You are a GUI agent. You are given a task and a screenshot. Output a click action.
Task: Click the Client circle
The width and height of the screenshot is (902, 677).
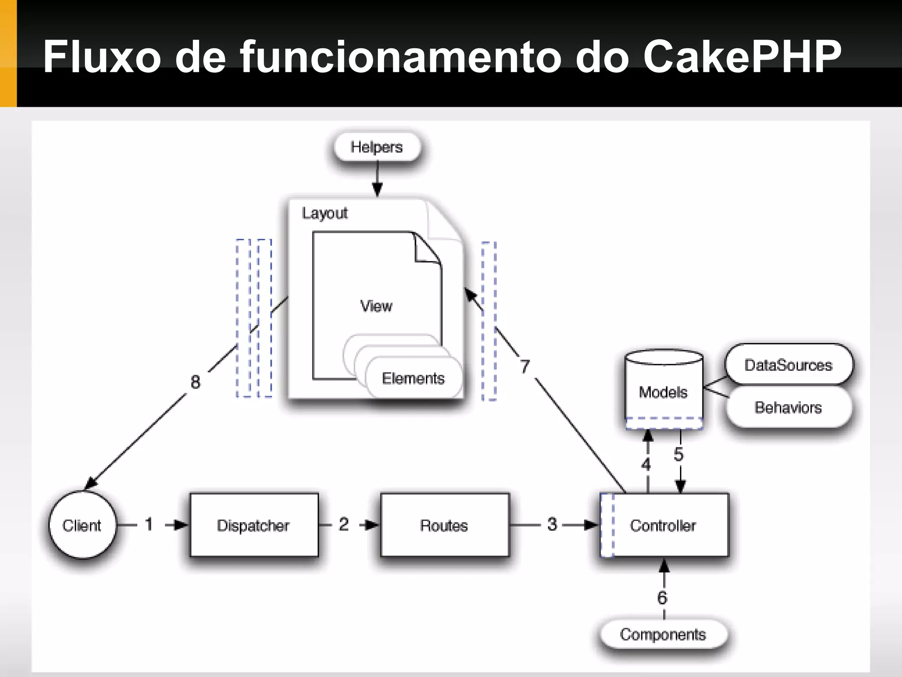(82, 525)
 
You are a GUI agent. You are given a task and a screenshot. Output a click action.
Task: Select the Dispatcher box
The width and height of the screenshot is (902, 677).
(254, 525)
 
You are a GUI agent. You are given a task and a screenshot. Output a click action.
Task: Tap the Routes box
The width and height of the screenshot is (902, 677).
(444, 525)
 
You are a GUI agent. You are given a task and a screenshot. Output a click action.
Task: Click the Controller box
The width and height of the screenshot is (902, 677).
(664, 525)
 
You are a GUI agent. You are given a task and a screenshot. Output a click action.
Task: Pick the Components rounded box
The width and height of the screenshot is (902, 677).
(663, 634)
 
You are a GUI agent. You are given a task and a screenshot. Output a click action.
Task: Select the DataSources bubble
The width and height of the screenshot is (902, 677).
(788, 365)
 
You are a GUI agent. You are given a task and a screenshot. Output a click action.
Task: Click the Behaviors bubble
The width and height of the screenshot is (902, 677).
(788, 407)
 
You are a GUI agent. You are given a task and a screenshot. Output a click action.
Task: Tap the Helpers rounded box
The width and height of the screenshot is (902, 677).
(377, 147)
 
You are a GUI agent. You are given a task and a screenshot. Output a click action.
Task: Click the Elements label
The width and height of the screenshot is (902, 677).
(413, 378)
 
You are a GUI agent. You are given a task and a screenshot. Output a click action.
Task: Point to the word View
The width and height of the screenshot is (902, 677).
(376, 306)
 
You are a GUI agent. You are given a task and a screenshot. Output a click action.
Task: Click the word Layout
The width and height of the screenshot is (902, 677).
(325, 213)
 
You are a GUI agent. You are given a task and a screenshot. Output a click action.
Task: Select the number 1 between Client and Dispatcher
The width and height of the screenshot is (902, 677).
(149, 524)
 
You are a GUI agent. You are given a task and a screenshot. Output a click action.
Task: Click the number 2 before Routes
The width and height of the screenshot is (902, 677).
(344, 524)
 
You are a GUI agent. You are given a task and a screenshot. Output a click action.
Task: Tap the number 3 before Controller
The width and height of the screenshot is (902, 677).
(552, 524)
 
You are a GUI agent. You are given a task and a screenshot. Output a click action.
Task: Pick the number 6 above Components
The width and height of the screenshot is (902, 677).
(662, 598)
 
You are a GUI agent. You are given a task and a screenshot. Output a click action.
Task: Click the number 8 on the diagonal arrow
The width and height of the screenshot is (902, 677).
(196, 382)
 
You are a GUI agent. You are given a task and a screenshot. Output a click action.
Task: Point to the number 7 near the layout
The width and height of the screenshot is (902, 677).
(525, 367)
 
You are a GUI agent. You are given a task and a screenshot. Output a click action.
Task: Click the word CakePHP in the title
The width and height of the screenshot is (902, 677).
(742, 56)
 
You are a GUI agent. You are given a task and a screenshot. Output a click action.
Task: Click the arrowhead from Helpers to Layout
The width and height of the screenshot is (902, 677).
(377, 190)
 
